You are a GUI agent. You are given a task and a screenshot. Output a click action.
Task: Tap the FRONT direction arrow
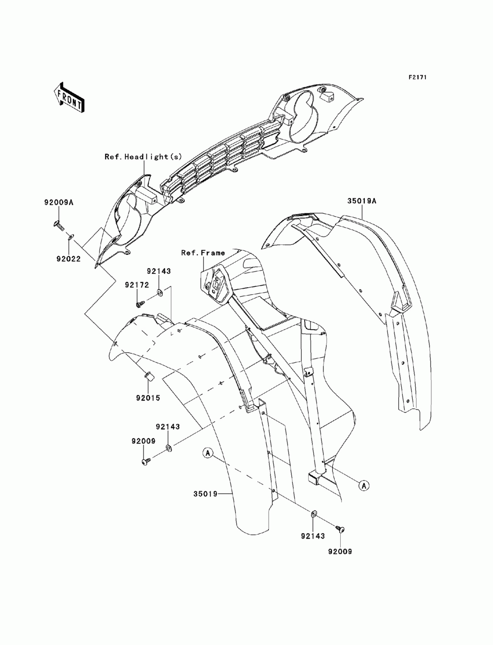click(69, 96)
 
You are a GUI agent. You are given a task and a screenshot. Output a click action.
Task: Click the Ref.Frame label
click(203, 253)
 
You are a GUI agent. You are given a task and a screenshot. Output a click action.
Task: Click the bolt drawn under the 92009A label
click(59, 227)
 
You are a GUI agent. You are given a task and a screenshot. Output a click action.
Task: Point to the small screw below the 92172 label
click(140, 304)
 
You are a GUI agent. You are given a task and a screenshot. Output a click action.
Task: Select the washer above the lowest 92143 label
click(314, 515)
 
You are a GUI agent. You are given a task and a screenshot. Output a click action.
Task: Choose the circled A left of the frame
click(208, 451)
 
